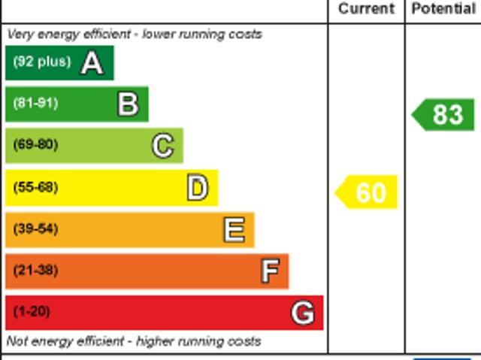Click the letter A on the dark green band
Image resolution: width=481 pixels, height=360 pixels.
(x=92, y=63)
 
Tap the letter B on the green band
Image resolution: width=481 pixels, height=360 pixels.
(x=128, y=104)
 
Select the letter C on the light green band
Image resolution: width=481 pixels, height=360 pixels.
(x=162, y=146)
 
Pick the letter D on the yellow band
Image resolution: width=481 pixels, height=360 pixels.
(x=197, y=188)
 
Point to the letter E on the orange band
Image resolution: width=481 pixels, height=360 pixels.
(x=234, y=230)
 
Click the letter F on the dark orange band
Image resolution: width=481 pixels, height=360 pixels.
(x=270, y=271)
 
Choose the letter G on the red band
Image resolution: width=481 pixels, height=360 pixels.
(x=303, y=313)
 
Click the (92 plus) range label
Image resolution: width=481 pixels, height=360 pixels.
(x=41, y=62)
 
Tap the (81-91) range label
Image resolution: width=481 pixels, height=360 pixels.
(x=35, y=104)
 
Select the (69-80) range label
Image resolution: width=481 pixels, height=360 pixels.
(x=35, y=145)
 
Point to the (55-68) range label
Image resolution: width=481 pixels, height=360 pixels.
(x=35, y=187)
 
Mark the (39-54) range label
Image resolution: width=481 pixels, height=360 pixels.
(x=35, y=229)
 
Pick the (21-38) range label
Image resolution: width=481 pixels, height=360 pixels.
(x=35, y=271)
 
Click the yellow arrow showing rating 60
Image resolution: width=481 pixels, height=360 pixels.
(x=367, y=192)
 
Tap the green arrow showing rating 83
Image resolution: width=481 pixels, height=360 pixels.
(x=444, y=115)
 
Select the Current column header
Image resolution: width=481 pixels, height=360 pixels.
(x=366, y=9)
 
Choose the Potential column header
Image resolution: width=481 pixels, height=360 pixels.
(x=443, y=9)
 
